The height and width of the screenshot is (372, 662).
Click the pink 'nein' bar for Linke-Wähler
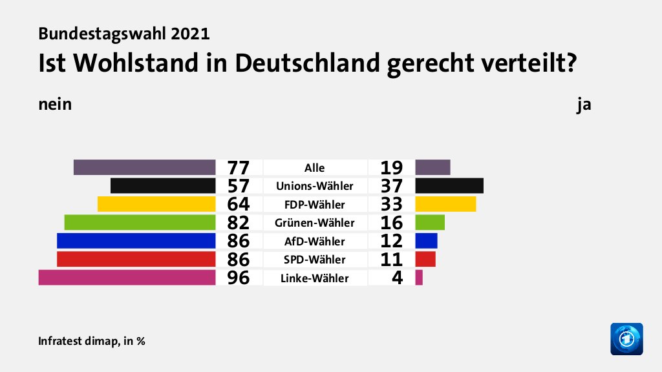pyautogui.click(x=127, y=278)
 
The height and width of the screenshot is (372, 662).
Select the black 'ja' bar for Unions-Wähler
pyautogui.click(x=449, y=185)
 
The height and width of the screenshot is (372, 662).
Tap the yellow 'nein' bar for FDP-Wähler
pyautogui.click(x=156, y=204)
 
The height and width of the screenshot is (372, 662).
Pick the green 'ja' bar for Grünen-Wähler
pyautogui.click(x=430, y=222)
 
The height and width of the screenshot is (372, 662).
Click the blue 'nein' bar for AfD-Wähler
pyautogui.click(x=136, y=241)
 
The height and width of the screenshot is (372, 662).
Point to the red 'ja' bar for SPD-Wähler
pyautogui.click(x=425, y=259)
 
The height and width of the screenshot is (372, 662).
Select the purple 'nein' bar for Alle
pyautogui.click(x=144, y=167)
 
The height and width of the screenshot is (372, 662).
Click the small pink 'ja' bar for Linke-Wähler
pyautogui.click(x=419, y=278)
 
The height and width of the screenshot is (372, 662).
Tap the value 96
pyautogui.click(x=239, y=279)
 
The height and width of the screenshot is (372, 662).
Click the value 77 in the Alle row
pyautogui.click(x=239, y=168)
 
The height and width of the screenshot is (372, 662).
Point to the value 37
pyautogui.click(x=392, y=187)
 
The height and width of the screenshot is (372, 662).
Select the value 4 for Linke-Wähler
pyautogui.click(x=397, y=279)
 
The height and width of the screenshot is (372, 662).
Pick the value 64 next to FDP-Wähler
pyautogui.click(x=239, y=205)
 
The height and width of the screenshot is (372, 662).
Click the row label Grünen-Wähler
pyautogui.click(x=315, y=223)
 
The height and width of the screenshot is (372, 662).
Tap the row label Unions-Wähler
pyautogui.click(x=315, y=186)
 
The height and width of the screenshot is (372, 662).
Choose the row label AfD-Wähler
pyautogui.click(x=315, y=242)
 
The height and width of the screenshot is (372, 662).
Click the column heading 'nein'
pyautogui.click(x=54, y=105)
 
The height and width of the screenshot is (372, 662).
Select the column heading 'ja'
pyautogui.click(x=584, y=105)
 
